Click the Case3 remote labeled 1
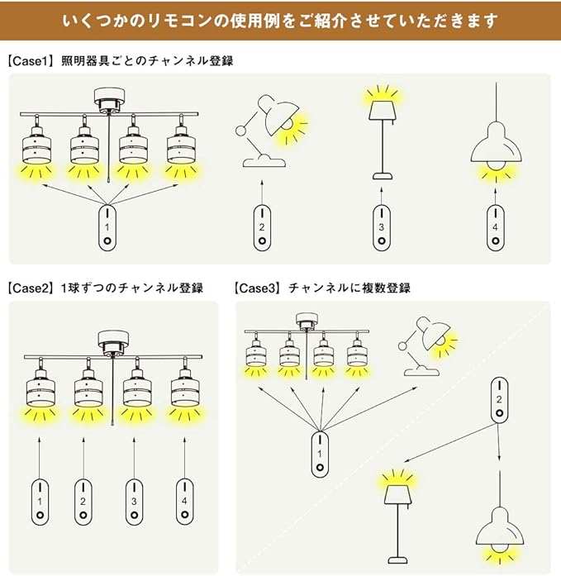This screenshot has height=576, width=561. [319, 454]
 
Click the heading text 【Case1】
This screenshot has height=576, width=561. [31, 60]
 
